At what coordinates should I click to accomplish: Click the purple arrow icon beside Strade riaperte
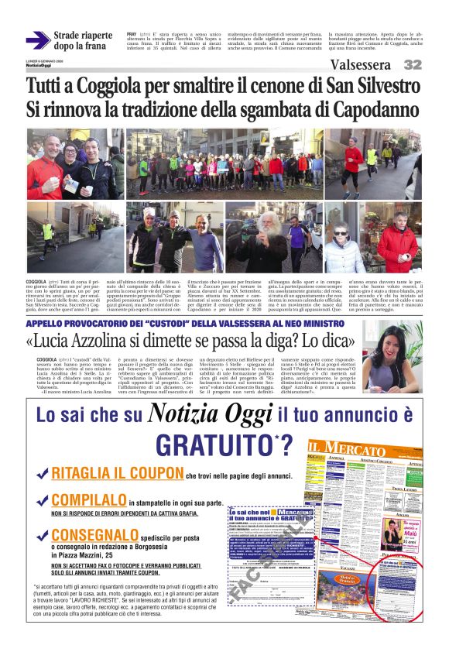[x=37, y=40]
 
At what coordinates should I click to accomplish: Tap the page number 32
[x=413, y=65]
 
